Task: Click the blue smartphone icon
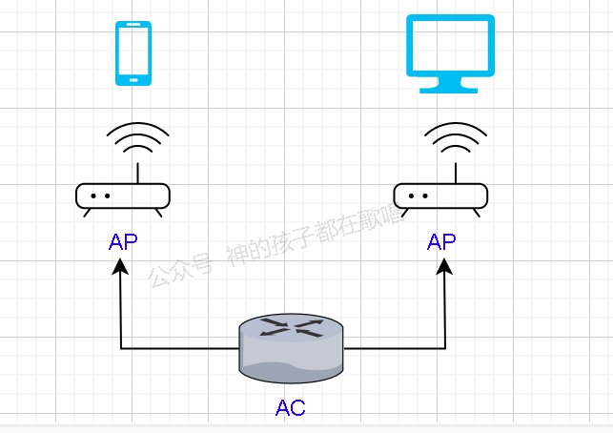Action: pyautogui.click(x=133, y=53)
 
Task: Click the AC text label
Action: pyautogui.click(x=291, y=409)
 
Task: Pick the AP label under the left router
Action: pyautogui.click(x=123, y=242)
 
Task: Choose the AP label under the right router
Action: pyautogui.click(x=441, y=242)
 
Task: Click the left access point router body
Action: pyautogui.click(x=123, y=196)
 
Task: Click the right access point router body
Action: pyautogui.click(x=441, y=196)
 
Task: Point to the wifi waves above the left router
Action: pyautogui.click(x=137, y=140)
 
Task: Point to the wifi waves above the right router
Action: pyautogui.click(x=456, y=140)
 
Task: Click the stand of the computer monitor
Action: pyautogui.click(x=450, y=86)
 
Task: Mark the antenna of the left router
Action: pyautogui.click(x=137, y=172)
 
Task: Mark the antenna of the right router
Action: pyautogui.click(x=456, y=172)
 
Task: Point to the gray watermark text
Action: pyautogui.click(x=276, y=247)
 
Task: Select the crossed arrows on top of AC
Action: pyautogui.click(x=291, y=328)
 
